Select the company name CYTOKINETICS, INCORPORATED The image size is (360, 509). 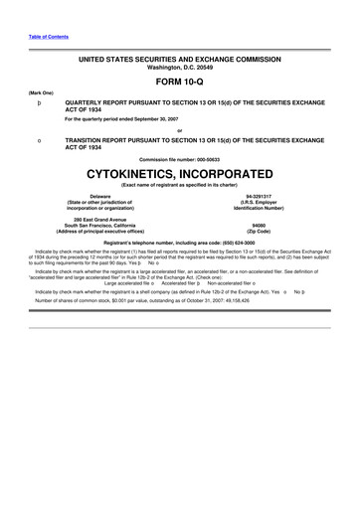click(181, 171)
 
